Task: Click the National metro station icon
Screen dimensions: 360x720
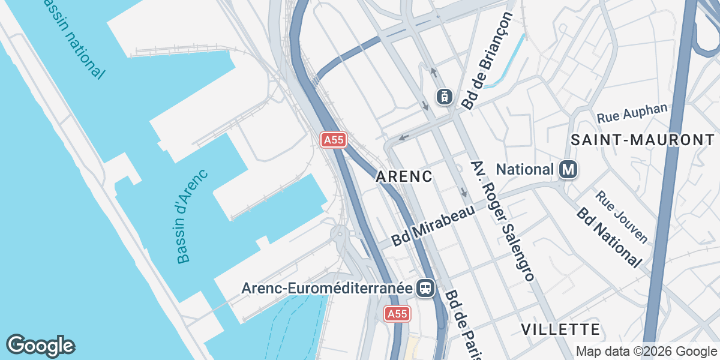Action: [x=568, y=170]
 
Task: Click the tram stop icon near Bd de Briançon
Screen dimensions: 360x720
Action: [x=444, y=96]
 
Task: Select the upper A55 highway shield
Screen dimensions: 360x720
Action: [x=333, y=140]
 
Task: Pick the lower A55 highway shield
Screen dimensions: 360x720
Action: [x=397, y=314]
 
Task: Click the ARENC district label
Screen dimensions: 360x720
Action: [x=404, y=176]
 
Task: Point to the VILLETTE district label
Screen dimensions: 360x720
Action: [x=560, y=329]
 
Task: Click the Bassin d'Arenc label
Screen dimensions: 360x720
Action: [x=192, y=217]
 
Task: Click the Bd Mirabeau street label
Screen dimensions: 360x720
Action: [x=433, y=225]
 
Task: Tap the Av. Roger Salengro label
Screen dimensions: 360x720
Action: [x=502, y=220]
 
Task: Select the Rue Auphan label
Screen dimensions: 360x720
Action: [x=632, y=112]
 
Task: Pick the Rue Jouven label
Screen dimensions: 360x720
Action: [x=622, y=217]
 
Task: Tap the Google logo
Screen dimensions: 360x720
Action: [x=41, y=346]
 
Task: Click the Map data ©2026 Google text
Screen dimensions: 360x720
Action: [x=646, y=351]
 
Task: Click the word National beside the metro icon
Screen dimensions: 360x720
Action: [x=525, y=170]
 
